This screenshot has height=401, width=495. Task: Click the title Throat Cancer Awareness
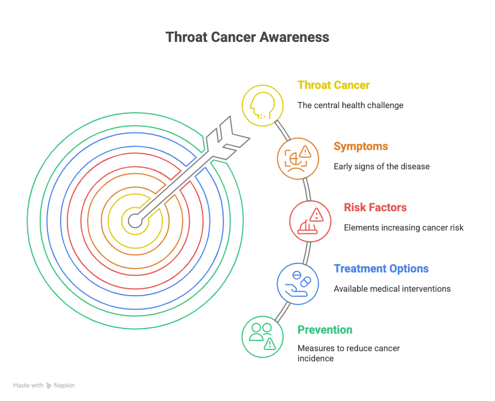[247, 37]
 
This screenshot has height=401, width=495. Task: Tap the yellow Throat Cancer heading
[333, 85]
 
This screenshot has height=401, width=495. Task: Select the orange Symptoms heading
[361, 146]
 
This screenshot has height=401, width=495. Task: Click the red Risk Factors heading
[375, 207]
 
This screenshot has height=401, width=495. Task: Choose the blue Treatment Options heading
[381, 268]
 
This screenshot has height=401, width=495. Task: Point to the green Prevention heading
[325, 330]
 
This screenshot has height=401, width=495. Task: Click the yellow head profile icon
[262, 105]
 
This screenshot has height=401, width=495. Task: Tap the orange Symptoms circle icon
[298, 159]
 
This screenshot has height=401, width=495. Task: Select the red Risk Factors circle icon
[311, 221]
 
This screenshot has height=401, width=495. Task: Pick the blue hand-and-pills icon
[298, 284]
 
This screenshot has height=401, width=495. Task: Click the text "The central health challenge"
[350, 105]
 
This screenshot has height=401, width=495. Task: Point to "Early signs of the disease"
[382, 167]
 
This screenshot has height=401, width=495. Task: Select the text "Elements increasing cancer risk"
[404, 228]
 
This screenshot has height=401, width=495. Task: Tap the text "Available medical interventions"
[392, 289]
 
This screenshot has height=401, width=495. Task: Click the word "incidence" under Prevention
[316, 359]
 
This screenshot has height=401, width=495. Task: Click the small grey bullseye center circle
[135, 220]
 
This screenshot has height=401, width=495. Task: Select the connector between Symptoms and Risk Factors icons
[307, 190]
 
